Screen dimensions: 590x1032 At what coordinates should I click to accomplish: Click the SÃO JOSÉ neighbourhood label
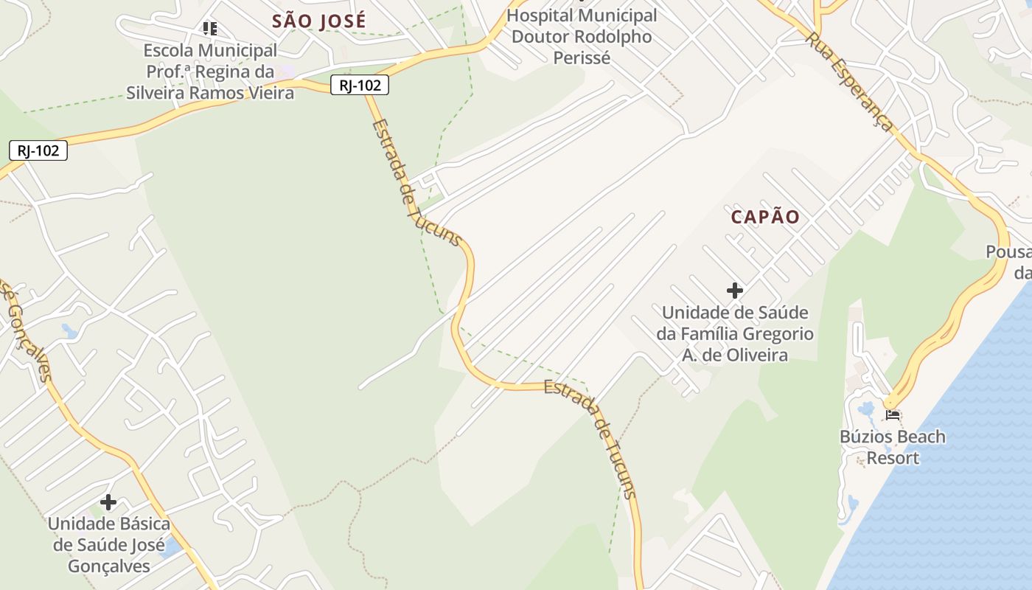pyautogui.click(x=318, y=21)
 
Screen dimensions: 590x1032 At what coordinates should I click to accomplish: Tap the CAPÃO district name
pyautogui.click(x=765, y=217)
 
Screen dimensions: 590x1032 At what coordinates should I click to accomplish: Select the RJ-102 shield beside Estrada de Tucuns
pyautogui.click(x=359, y=86)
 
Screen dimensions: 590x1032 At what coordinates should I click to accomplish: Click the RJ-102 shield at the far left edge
pyautogui.click(x=38, y=150)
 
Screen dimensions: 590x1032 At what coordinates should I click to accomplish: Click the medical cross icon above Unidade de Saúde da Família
pyautogui.click(x=735, y=291)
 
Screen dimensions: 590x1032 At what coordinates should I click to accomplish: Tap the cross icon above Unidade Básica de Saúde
pyautogui.click(x=108, y=502)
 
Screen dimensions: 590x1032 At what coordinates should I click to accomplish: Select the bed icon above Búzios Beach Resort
pyautogui.click(x=893, y=414)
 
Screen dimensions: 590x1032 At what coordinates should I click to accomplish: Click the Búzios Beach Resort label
pyautogui.click(x=893, y=447)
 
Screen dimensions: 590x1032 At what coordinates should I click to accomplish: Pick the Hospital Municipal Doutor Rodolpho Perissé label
pyautogui.click(x=582, y=36)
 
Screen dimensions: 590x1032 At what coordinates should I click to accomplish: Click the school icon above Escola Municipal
pyautogui.click(x=210, y=29)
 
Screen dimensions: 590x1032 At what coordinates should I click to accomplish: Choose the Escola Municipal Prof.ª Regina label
pyautogui.click(x=210, y=72)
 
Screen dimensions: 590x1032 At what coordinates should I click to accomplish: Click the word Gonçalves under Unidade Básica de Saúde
pyautogui.click(x=109, y=566)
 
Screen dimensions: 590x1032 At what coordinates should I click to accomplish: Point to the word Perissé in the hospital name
pyautogui.click(x=582, y=58)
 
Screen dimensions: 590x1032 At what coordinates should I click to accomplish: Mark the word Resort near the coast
pyautogui.click(x=893, y=458)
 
